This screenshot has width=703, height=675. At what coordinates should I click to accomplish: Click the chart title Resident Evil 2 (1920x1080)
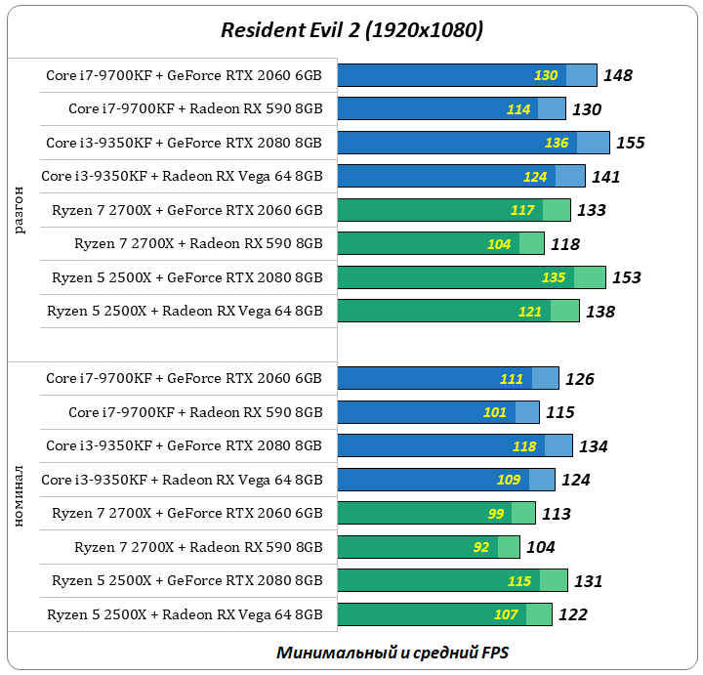[x=351, y=30]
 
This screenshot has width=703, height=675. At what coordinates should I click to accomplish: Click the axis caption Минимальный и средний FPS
[x=392, y=652]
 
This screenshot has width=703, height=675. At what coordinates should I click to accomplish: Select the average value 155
[x=631, y=143]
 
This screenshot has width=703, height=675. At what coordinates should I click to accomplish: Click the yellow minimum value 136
[x=557, y=143]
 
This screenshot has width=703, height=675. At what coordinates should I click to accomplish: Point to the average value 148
[x=618, y=75]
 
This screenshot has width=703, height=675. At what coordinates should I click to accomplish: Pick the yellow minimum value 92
[x=481, y=547]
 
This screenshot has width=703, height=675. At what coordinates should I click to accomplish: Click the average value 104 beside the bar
[x=541, y=547]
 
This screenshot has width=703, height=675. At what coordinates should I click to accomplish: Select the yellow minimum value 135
[x=554, y=277]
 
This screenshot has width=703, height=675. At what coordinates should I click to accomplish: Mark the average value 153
[x=627, y=277]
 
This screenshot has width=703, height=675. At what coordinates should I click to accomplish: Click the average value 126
[x=579, y=379]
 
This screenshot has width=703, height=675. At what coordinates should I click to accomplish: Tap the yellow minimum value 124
[x=534, y=177]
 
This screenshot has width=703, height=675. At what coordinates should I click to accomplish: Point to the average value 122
[x=572, y=614]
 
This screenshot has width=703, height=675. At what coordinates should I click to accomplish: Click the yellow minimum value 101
[x=496, y=412]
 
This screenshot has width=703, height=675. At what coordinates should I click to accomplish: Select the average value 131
[x=588, y=581]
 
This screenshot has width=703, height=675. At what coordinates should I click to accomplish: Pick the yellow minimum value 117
[x=522, y=210]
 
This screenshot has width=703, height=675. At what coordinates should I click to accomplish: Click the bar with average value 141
[x=461, y=177]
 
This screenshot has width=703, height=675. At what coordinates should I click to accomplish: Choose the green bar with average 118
[x=439, y=244]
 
